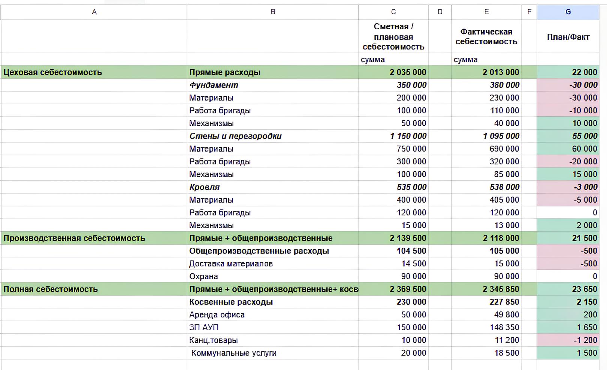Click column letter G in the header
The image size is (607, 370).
(x=568, y=12)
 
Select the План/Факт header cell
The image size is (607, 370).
(x=568, y=37)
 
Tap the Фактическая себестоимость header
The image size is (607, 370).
(x=486, y=37)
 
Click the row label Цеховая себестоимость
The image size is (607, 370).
(x=53, y=72)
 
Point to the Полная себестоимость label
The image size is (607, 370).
(x=51, y=289)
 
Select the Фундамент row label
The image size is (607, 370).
(x=214, y=85)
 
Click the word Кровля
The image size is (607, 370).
(x=205, y=187)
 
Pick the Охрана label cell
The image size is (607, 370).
(x=203, y=277)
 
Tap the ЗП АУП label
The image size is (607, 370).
(x=204, y=328)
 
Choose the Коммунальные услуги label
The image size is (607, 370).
(x=234, y=353)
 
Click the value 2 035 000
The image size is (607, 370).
(x=408, y=72)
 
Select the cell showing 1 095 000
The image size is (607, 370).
(x=501, y=136)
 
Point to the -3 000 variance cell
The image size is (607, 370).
(x=585, y=187)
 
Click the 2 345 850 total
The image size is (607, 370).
(x=501, y=289)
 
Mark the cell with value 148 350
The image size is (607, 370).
(x=504, y=328)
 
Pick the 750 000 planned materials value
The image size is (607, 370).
(x=411, y=149)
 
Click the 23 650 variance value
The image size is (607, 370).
(x=585, y=289)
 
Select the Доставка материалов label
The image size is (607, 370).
(x=231, y=264)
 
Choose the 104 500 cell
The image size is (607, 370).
(x=411, y=251)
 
